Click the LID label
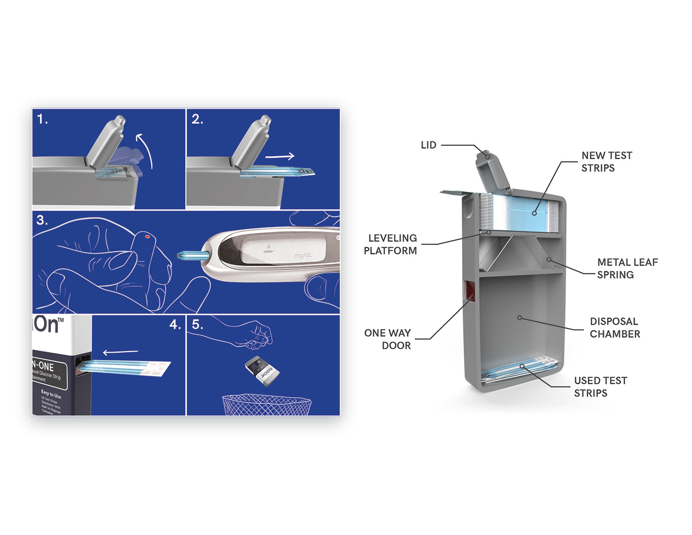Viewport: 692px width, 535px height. (428, 145)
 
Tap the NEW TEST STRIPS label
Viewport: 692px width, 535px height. (606, 162)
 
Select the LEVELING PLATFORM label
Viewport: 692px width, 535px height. (390, 244)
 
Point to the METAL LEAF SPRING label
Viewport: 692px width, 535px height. (627, 268)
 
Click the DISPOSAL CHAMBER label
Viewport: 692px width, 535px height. (614, 328)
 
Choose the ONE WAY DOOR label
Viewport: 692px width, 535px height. (388, 339)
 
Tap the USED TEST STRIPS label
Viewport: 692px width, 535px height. (600, 387)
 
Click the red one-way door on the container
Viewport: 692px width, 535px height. (469, 291)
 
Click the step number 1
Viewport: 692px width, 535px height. (43, 119)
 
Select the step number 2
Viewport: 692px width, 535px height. (197, 119)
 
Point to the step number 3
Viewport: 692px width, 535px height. (43, 221)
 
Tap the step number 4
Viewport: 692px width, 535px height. (175, 325)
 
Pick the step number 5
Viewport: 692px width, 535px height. (197, 325)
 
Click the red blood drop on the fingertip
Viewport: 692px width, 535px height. (147, 237)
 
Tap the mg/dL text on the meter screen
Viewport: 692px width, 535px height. (303, 256)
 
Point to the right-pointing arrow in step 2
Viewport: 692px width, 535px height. (280, 157)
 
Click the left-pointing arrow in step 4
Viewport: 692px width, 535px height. (120, 353)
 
